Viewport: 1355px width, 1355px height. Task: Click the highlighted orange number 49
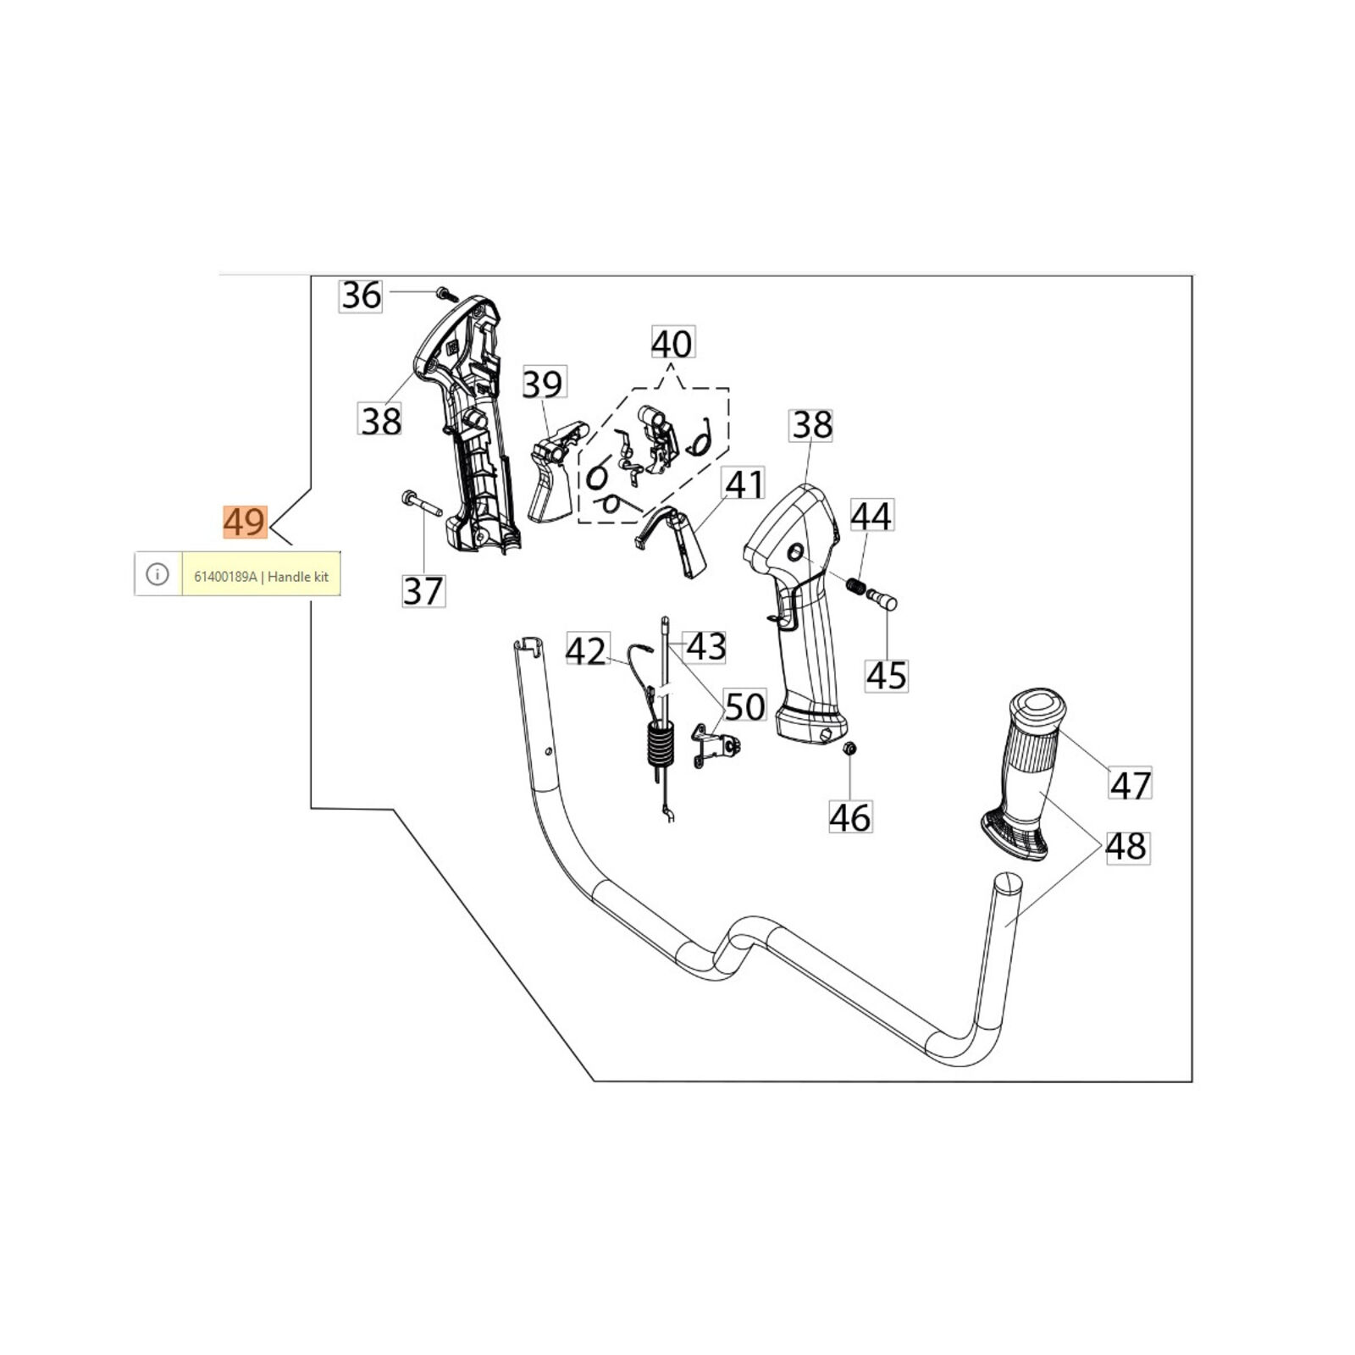point(245,522)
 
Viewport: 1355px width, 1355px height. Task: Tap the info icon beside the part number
point(158,574)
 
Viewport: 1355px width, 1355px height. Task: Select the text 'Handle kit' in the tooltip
point(298,577)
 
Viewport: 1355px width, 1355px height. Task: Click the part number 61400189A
point(225,577)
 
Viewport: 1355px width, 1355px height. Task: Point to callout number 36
point(361,296)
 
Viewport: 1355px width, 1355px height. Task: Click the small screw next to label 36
point(444,293)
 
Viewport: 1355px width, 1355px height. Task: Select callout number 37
point(423,590)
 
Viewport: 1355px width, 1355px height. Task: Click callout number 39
point(543,384)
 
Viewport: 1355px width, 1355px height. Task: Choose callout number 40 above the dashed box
point(672,343)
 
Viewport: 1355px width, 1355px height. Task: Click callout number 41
point(744,484)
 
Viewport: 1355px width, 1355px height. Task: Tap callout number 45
point(887,675)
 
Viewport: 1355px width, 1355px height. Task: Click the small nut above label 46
point(850,749)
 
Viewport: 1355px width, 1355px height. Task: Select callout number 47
point(1131,783)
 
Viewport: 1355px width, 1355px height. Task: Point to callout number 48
point(1127,846)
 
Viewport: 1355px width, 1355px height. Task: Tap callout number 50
point(745,705)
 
